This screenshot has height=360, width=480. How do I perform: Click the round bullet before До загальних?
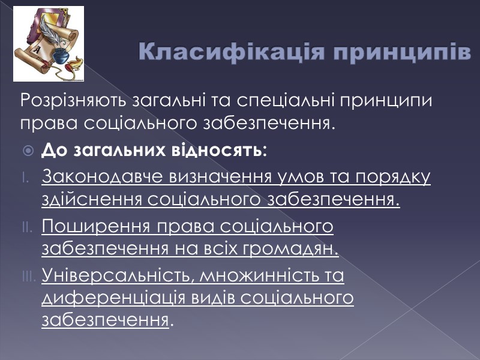[28, 151]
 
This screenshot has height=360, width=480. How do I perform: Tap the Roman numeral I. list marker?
[25, 178]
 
